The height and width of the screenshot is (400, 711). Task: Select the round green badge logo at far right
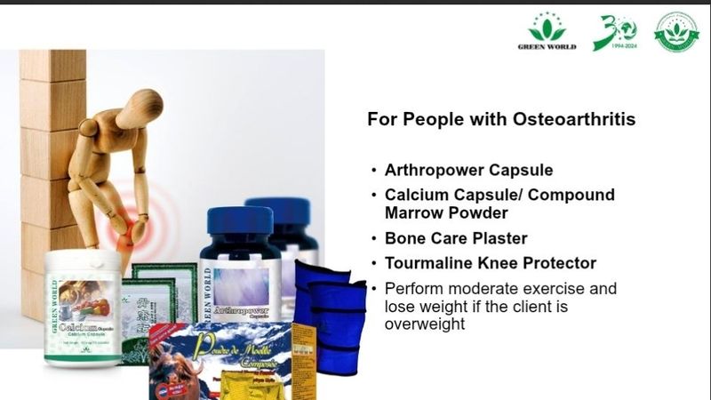(676, 32)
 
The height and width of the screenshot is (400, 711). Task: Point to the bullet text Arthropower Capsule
(457, 170)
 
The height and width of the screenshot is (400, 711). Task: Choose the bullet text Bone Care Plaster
(456, 238)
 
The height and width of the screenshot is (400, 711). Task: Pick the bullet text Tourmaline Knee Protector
(490, 263)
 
